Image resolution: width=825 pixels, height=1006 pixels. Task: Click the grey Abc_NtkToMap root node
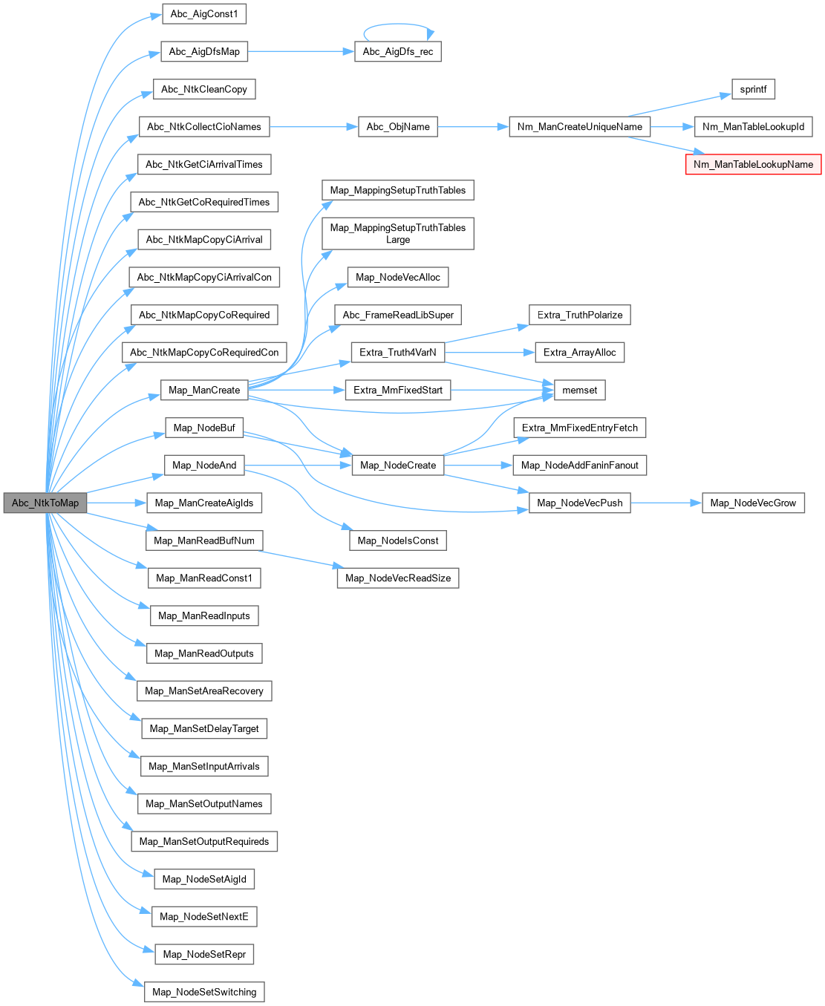tap(45, 503)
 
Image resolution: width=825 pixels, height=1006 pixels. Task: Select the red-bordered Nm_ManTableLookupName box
tap(753, 164)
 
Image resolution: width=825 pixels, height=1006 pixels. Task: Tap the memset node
tap(579, 390)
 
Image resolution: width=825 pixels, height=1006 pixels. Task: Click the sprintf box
tap(753, 89)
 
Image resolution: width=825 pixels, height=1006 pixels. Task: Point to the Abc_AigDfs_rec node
tap(398, 51)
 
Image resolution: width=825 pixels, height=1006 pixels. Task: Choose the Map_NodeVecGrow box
tap(753, 503)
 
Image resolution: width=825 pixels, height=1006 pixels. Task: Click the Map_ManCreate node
tap(204, 390)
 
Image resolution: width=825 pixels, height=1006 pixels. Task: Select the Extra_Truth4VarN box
tap(398, 352)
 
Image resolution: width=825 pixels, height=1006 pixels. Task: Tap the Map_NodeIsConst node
tap(398, 540)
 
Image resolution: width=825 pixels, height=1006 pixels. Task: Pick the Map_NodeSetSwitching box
tap(204, 992)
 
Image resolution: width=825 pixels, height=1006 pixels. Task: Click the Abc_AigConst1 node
tap(204, 13)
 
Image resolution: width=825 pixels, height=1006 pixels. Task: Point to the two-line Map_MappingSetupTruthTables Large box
tap(398, 233)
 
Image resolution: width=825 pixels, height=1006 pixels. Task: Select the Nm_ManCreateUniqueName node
tap(579, 126)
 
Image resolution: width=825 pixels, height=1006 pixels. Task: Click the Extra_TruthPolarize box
tap(579, 315)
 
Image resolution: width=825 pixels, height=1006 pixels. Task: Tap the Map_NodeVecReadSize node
tap(398, 578)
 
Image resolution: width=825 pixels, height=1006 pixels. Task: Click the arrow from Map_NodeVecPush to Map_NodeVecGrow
tap(666, 503)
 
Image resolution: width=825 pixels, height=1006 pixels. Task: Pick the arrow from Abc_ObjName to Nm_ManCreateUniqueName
tap(473, 126)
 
